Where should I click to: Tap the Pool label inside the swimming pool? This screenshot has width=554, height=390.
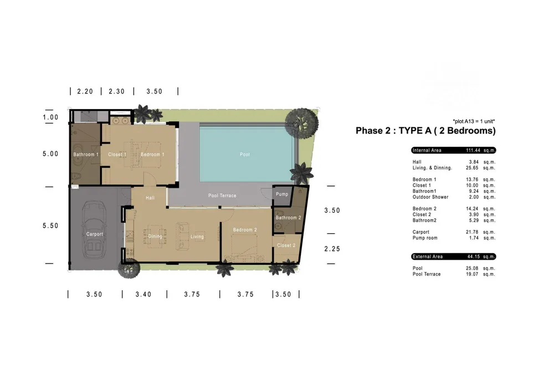tap(245, 155)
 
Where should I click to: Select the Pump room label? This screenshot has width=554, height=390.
tap(281, 194)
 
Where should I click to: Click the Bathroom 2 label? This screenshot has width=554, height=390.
tap(288, 218)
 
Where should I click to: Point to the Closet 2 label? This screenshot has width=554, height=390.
tap(286, 245)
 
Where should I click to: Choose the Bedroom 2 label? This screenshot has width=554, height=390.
tap(245, 230)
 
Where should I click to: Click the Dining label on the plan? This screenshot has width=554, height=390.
tap(156, 237)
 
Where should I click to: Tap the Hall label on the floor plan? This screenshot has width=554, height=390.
tap(150, 198)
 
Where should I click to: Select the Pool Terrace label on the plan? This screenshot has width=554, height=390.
tap(222, 196)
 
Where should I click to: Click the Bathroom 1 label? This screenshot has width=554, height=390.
tap(86, 155)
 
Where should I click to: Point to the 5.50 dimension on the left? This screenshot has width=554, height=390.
tap(50, 225)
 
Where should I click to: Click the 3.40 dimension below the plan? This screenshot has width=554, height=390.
tap(143, 295)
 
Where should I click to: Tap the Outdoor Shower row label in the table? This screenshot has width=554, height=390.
tap(430, 197)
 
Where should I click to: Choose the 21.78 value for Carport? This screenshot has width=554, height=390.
tap(473, 232)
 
